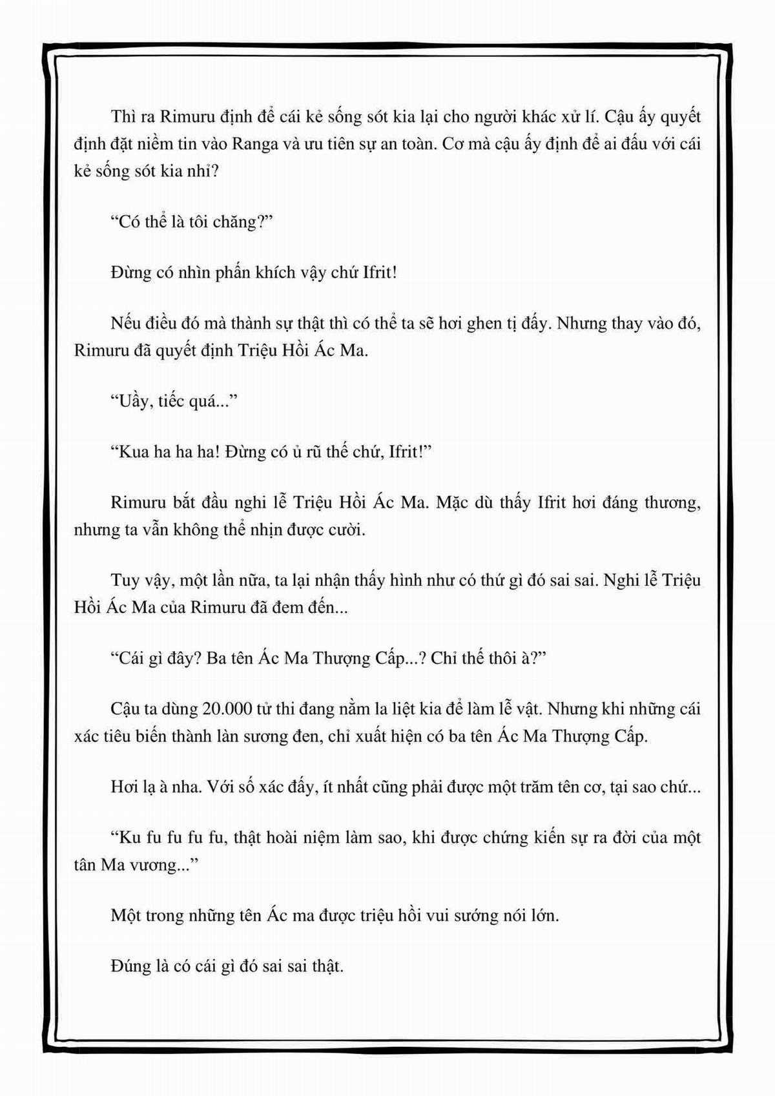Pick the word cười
click(347, 530)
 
